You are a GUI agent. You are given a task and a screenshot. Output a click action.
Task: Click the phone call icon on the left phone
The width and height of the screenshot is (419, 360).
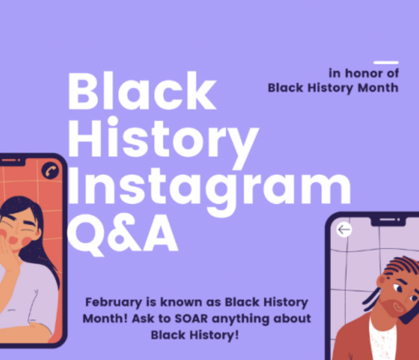point(50,171)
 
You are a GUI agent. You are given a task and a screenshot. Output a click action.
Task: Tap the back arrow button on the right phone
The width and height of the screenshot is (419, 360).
point(344,229)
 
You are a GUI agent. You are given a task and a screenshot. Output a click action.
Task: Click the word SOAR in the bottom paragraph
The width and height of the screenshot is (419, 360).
point(191,318)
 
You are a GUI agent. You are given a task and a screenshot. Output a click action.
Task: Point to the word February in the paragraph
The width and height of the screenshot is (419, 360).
point(113,303)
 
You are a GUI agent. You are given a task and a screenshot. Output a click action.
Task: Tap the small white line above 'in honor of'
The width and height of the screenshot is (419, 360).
point(386,63)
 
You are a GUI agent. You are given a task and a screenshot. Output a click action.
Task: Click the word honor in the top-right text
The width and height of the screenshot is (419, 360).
point(363,74)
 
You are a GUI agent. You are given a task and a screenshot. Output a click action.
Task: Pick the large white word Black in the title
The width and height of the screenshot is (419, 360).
point(142,91)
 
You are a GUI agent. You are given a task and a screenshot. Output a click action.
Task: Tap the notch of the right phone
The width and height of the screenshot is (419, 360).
point(388,221)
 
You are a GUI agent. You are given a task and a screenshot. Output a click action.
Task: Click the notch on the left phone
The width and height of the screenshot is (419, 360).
point(12,161)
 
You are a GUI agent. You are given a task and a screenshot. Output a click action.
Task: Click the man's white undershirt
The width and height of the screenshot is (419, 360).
point(383,339)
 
